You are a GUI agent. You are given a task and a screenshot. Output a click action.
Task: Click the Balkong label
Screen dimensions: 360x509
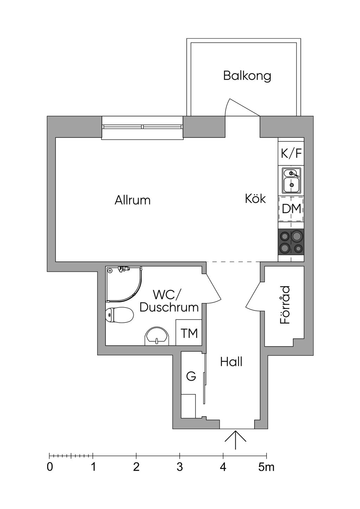[x=247, y=76]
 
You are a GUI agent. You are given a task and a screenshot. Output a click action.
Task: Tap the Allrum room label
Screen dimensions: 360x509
[x=133, y=200]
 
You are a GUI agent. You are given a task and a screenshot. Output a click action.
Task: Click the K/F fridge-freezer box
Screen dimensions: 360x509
[x=291, y=153]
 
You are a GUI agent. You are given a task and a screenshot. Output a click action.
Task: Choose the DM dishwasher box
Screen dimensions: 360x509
[x=291, y=209]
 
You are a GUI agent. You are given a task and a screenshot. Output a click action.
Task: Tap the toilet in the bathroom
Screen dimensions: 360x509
[x=119, y=315]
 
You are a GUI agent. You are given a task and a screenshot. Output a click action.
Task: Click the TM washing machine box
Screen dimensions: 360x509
[x=189, y=333]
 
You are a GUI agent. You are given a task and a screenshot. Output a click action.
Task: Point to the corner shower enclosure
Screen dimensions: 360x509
[x=124, y=284]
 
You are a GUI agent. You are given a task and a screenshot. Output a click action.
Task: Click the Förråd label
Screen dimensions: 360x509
[x=285, y=305]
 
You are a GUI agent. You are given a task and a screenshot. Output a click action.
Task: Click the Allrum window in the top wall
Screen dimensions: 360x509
[x=142, y=128]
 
